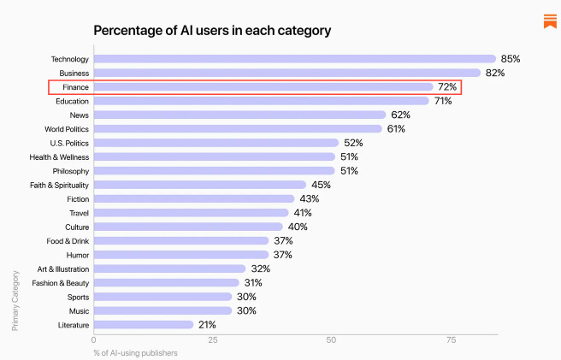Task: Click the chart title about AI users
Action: [211, 31]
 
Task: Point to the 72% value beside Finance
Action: [447, 87]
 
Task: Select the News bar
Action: [239, 115]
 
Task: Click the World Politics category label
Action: [67, 129]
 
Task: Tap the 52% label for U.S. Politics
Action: [352, 143]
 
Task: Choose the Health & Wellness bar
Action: [214, 157]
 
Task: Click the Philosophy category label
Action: [70, 171]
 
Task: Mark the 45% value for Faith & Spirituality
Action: [321, 185]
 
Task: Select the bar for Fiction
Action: [196, 198]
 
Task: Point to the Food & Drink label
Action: [68, 241]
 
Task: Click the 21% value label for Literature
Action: [206, 325]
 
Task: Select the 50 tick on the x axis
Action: [330, 340]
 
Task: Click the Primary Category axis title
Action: [15, 299]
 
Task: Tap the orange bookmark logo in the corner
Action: [550, 21]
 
